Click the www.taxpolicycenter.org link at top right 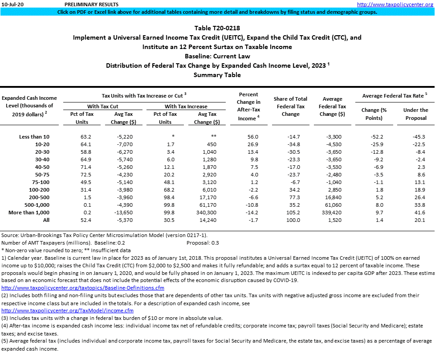(395, 4)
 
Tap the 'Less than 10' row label (35, 136)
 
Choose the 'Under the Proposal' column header (415, 114)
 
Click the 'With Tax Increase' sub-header (186, 106)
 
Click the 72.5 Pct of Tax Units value (85, 175)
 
